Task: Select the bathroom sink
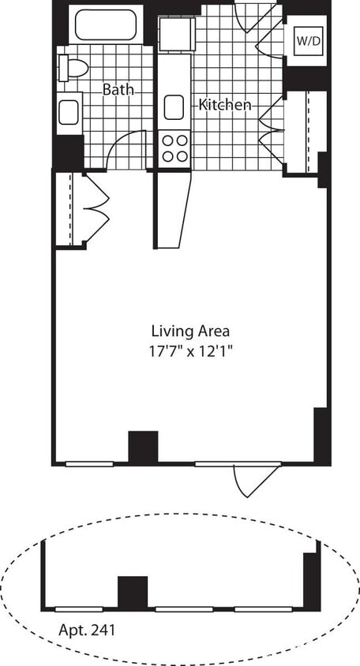click(x=68, y=111)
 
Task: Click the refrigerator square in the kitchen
click(x=175, y=34)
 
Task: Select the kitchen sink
click(x=174, y=107)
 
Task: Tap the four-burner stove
click(x=174, y=148)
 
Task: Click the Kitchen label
click(x=225, y=105)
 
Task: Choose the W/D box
click(x=306, y=41)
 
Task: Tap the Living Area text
click(x=190, y=331)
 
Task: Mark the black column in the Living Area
click(x=143, y=447)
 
